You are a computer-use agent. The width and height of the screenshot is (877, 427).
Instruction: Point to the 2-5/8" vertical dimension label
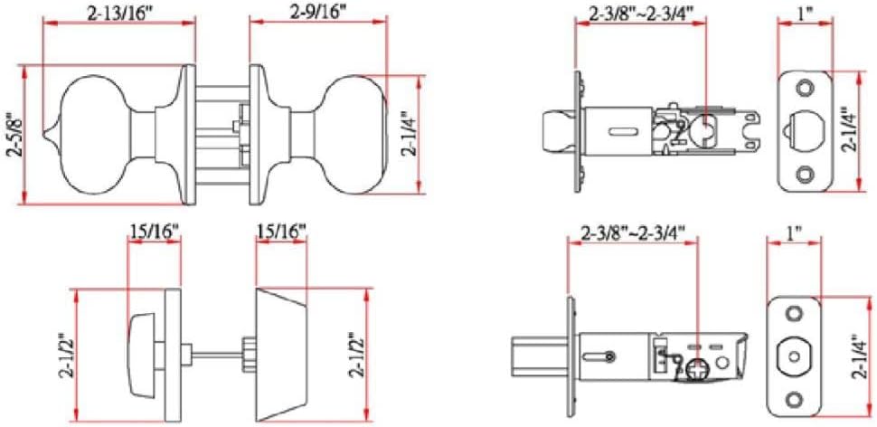(x=13, y=135)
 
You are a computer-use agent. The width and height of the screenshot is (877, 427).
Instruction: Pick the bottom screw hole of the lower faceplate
(x=793, y=397)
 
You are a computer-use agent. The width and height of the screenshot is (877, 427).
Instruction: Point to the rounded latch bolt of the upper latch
(x=554, y=132)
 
